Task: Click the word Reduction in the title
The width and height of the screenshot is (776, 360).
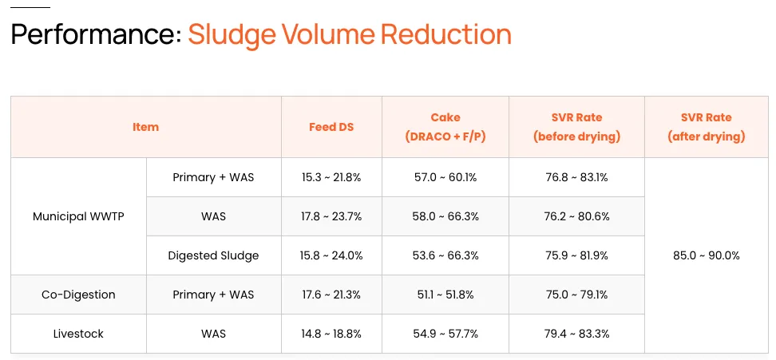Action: pyautogui.click(x=445, y=35)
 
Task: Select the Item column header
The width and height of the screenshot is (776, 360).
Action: pyautogui.click(x=145, y=127)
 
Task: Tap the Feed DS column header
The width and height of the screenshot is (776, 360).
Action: pyautogui.click(x=331, y=127)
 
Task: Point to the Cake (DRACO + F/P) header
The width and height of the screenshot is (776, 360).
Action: pyautogui.click(x=445, y=127)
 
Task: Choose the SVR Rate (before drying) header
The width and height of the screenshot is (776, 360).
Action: pyautogui.click(x=576, y=127)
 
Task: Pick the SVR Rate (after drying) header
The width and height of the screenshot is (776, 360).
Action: pyautogui.click(x=706, y=127)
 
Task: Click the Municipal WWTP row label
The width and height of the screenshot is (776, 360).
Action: pyautogui.click(x=78, y=216)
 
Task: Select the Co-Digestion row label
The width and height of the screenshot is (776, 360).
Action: pyautogui.click(x=78, y=295)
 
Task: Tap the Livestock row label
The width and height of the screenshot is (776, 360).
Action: pyautogui.click(x=78, y=334)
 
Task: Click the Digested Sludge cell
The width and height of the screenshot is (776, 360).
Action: pyautogui.click(x=213, y=255)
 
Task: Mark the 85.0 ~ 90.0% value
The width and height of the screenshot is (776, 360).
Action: pyautogui.click(x=707, y=255)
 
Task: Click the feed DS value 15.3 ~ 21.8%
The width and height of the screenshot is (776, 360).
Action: pyautogui.click(x=331, y=177)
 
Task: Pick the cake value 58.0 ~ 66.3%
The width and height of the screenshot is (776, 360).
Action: pyautogui.click(x=445, y=216)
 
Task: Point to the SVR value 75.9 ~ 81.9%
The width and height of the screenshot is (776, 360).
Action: pyautogui.click(x=576, y=255)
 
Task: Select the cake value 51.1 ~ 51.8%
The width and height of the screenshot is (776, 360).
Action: pyautogui.click(x=445, y=295)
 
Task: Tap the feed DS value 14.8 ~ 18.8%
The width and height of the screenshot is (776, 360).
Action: pyautogui.click(x=331, y=334)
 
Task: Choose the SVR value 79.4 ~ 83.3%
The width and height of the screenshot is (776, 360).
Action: pyautogui.click(x=576, y=334)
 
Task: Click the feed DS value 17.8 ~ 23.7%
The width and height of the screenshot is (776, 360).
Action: pyautogui.click(x=331, y=216)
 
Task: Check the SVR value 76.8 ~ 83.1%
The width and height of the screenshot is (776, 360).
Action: pyautogui.click(x=576, y=177)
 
